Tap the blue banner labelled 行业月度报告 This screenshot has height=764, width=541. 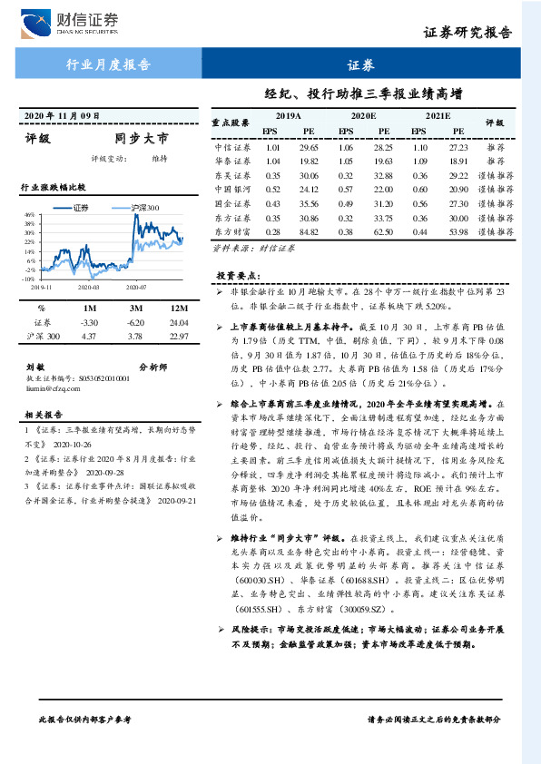[x=109, y=64]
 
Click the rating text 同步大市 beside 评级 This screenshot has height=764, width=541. [x=142, y=140]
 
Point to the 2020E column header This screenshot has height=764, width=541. [x=363, y=117]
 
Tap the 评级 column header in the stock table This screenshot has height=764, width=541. [x=495, y=123]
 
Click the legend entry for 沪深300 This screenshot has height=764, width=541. [x=141, y=207]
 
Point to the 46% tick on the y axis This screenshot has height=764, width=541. [x=30, y=215]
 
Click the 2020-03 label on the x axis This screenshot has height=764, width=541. [x=88, y=286]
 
